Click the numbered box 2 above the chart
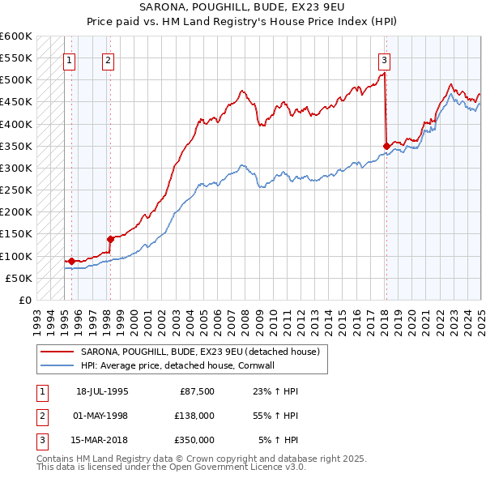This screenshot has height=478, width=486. pyautogui.click(x=108, y=59)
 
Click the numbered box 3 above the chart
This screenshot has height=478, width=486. pyautogui.click(x=384, y=59)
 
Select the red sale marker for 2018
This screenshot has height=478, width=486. pyautogui.click(x=386, y=146)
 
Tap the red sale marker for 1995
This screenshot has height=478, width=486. pyautogui.click(x=71, y=261)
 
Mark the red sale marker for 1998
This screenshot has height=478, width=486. pyautogui.click(x=110, y=239)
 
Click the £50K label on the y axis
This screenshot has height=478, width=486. pyautogui.click(x=19, y=278)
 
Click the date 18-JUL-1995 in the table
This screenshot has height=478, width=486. pyautogui.click(x=102, y=391)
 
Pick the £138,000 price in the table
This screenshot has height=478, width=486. pyautogui.click(x=195, y=416)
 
